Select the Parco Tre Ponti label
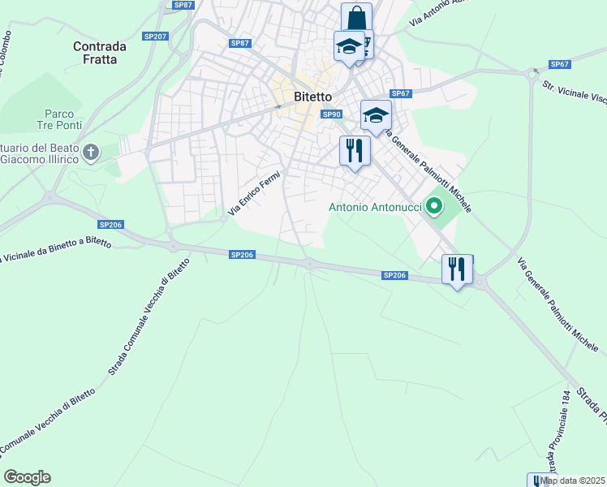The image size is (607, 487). [x=55, y=120]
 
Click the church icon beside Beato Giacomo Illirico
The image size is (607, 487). [x=92, y=152]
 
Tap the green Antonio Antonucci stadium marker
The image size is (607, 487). [x=433, y=207]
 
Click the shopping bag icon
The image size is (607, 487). [x=356, y=17]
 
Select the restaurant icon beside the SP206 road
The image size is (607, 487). [x=457, y=269]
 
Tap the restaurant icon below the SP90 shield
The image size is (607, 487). [x=355, y=150]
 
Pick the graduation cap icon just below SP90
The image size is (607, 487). [x=376, y=114]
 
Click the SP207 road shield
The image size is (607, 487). [x=154, y=37]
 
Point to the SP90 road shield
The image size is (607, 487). [x=331, y=114]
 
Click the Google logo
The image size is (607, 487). [x=28, y=477]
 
